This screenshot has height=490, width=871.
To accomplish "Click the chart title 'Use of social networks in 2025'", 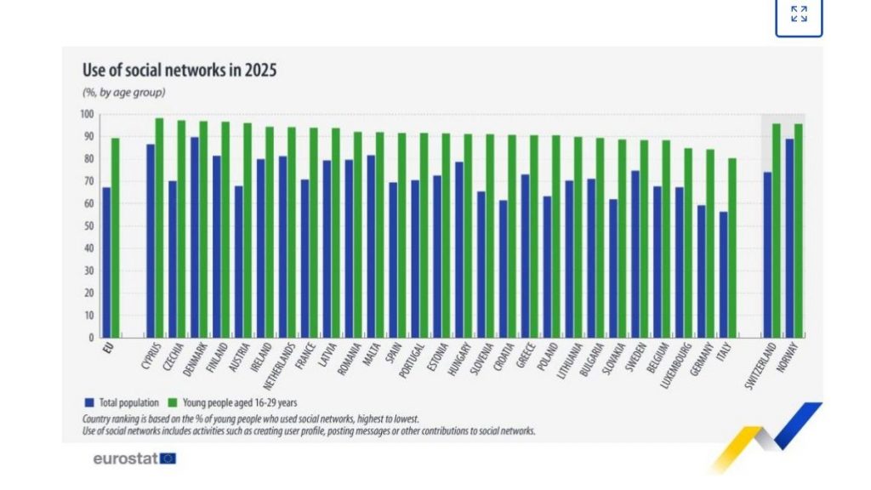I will coord(179,71).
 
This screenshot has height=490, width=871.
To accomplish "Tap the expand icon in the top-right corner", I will coord(799,14).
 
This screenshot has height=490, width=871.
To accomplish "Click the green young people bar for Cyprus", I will coord(159,227).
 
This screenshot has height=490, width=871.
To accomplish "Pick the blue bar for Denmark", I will coord(195,237).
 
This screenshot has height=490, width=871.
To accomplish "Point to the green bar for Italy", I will coord(732,248).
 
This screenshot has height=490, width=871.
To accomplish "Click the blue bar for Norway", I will coord(789,238).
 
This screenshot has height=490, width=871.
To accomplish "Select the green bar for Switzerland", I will coord(776,231).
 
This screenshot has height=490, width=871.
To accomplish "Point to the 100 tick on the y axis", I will coord(88,114).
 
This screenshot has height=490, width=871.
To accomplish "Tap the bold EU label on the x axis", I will coord(107,348).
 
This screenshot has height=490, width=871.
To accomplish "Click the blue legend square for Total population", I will coord(88,402).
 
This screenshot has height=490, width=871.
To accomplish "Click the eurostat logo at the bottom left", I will coord(134,459).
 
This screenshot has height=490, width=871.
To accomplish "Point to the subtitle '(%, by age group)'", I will coord(123,93).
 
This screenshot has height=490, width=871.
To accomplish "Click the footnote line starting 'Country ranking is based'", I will coord(250,419).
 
